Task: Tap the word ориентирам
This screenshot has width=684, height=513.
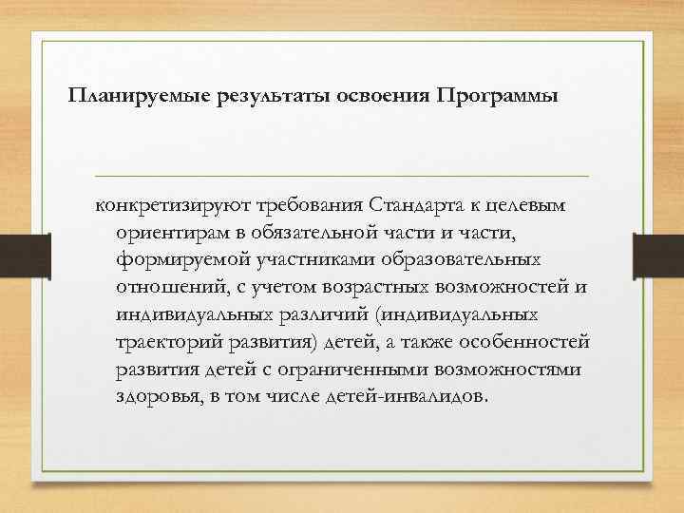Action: pos(177,233)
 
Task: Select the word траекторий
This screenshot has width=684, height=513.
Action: pos(163,341)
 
